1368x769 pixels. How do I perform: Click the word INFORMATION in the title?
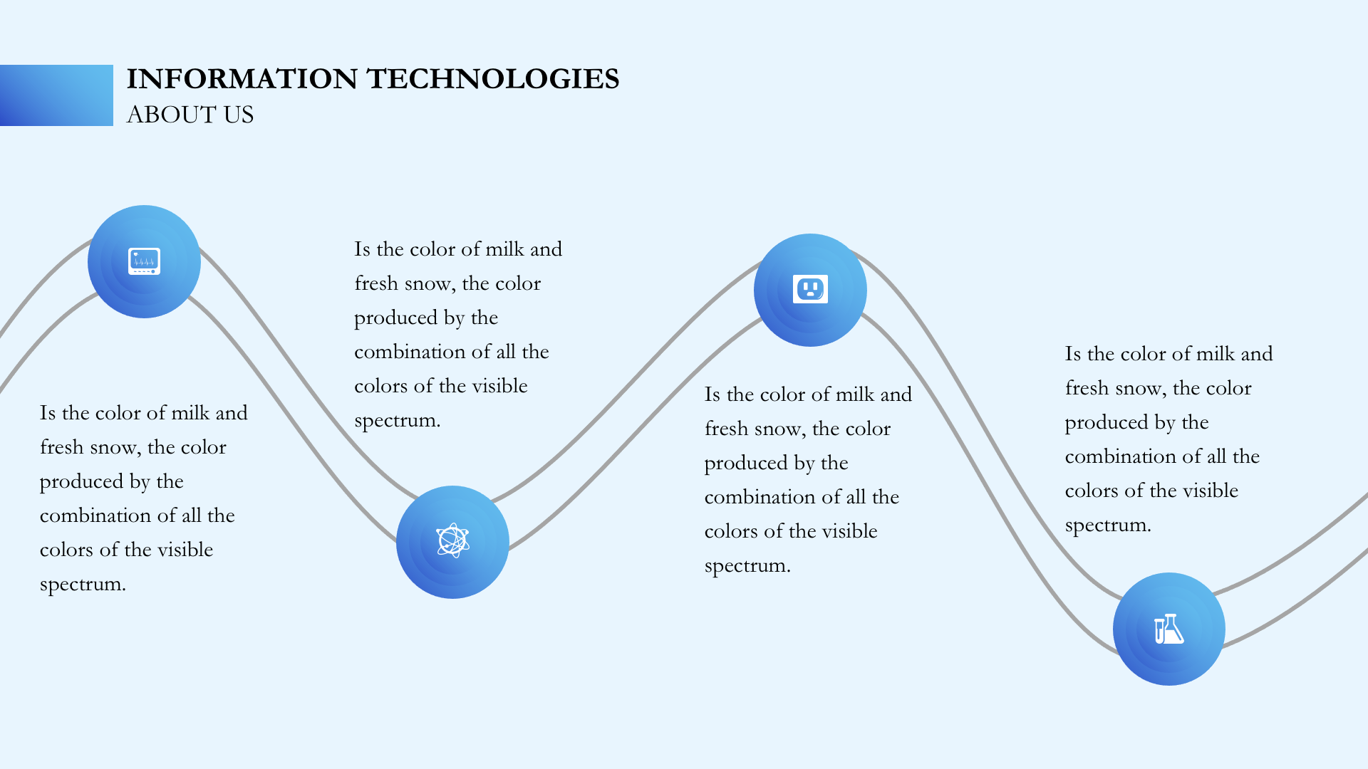click(242, 79)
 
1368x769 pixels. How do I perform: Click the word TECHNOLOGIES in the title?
click(493, 79)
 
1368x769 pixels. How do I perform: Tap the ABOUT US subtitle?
click(190, 115)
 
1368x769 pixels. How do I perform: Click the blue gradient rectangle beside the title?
click(56, 95)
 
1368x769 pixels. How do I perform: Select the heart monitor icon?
click(144, 261)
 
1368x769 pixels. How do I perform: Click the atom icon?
click(452, 541)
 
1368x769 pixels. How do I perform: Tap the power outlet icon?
click(810, 289)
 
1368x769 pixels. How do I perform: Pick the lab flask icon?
click(1168, 629)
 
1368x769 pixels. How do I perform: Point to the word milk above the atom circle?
click(504, 249)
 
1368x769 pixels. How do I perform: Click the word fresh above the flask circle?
click(1087, 388)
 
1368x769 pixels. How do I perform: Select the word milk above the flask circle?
click(1216, 354)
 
